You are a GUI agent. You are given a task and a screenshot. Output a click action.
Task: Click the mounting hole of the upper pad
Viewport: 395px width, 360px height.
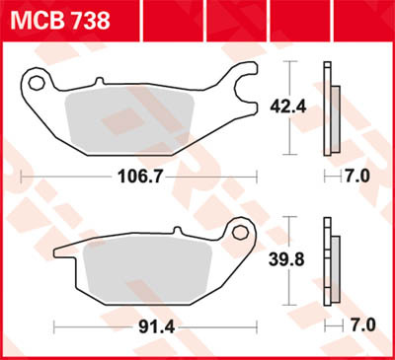click(x=39, y=82)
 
